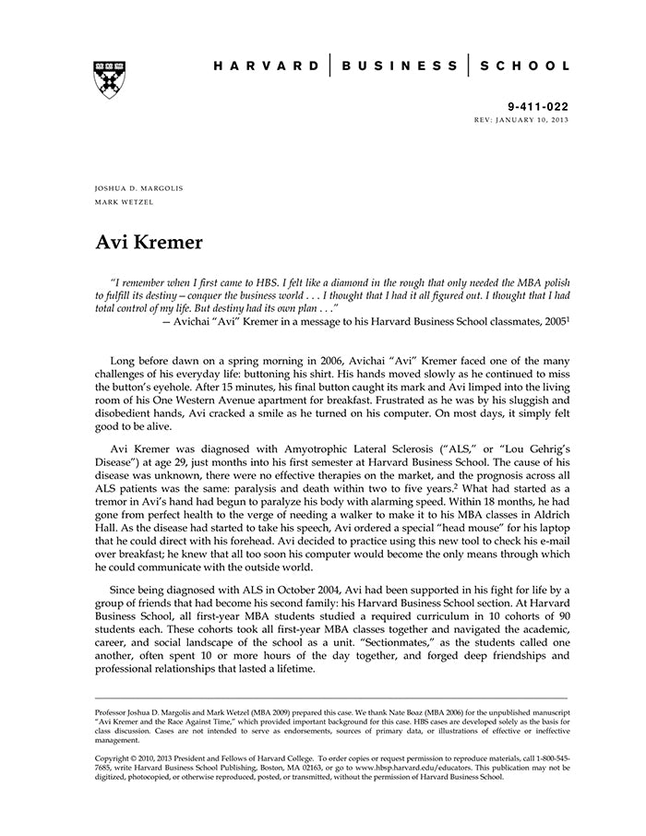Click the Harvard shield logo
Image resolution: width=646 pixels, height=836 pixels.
tap(110, 80)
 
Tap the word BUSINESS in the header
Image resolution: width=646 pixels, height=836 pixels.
tap(400, 66)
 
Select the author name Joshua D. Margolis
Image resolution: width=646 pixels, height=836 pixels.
tap(139, 187)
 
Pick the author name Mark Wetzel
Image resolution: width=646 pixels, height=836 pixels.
tap(127, 200)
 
